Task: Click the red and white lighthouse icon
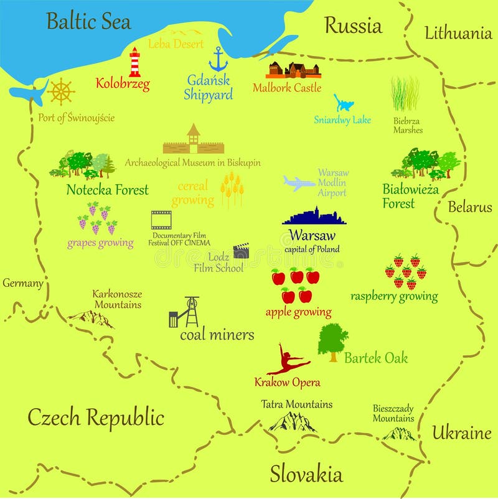134,62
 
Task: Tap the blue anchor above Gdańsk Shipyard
218,59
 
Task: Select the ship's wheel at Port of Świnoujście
61,91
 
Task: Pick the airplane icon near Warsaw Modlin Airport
299,183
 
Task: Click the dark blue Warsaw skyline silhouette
314,217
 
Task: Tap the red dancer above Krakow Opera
287,360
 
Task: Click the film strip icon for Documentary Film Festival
161,220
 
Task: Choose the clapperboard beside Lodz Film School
241,251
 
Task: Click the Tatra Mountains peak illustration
292,422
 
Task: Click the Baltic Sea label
89,22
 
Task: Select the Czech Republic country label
95,417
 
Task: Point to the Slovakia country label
306,474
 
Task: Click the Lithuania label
458,34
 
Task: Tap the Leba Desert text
176,44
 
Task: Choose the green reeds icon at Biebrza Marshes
405,94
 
